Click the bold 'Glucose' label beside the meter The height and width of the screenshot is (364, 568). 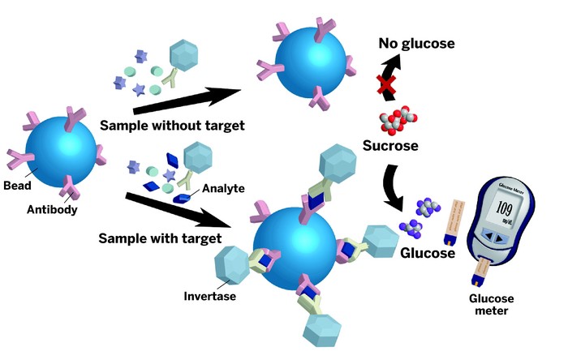[426, 252]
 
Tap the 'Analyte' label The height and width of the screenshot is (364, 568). [223, 188]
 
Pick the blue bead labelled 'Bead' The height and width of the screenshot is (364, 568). [61, 152]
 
